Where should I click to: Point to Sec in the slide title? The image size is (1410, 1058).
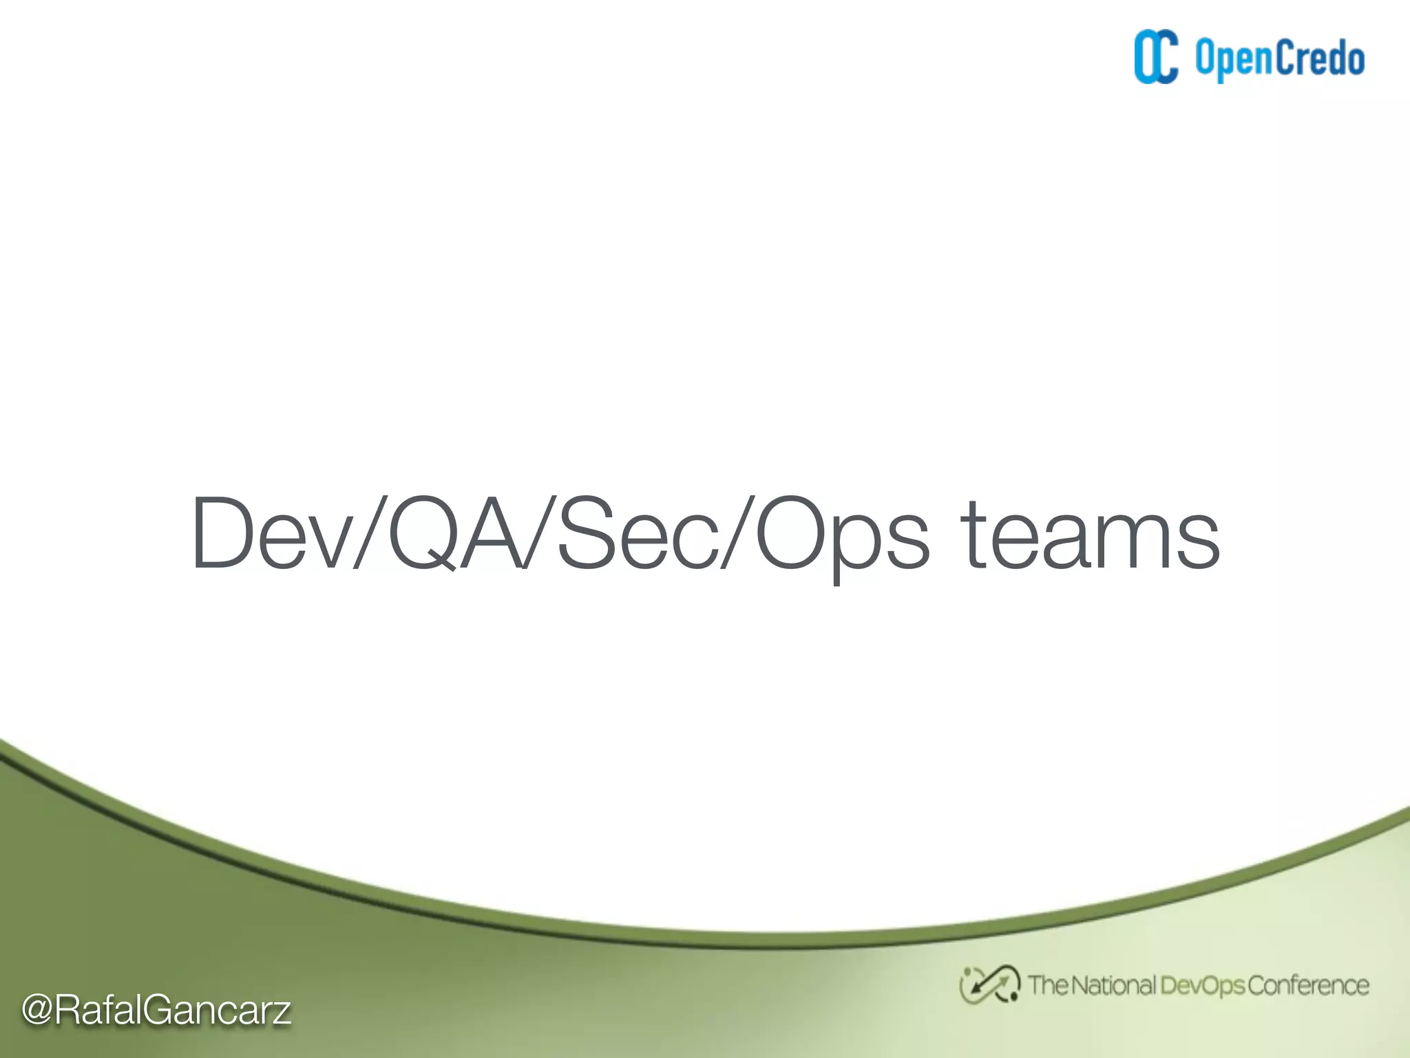click(637, 535)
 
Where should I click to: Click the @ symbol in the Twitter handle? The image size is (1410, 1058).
click(37, 1010)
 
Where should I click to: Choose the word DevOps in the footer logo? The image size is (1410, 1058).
click(1202, 986)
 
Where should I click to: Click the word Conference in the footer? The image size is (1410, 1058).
click(1307, 985)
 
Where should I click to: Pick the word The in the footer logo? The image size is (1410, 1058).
click(1048, 985)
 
